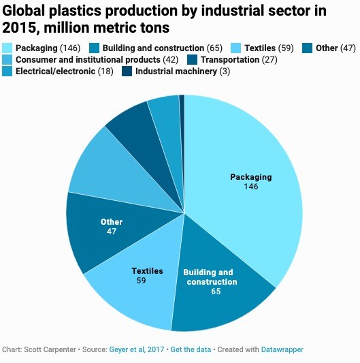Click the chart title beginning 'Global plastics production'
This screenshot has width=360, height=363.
tap(163, 20)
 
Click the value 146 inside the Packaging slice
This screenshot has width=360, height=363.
tap(250, 186)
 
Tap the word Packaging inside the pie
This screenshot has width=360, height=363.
tap(250, 177)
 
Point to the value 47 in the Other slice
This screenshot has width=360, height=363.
tap(111, 232)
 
